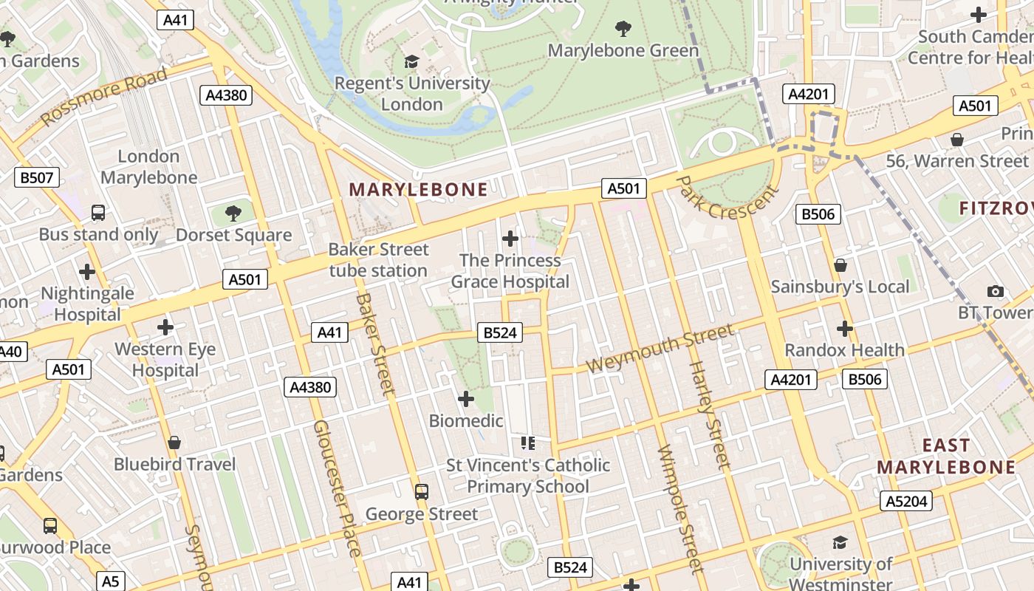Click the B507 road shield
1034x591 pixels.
37,177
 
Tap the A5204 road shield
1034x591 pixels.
906,502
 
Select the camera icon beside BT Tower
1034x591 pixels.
996,291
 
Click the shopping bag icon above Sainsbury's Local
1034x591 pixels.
840,265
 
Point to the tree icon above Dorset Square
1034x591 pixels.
233,213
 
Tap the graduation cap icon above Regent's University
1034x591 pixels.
411,62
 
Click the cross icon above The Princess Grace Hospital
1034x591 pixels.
510,239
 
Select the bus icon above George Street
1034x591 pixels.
422,492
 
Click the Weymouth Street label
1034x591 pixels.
660,349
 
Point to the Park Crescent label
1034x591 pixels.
727,197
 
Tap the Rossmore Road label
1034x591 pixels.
105,95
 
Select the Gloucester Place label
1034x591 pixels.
337,488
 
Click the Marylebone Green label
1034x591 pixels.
623,50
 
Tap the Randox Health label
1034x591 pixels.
844,349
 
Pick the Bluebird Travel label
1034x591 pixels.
174,464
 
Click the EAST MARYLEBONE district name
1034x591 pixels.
946,456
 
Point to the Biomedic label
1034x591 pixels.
466,420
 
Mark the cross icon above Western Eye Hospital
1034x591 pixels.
165,327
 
